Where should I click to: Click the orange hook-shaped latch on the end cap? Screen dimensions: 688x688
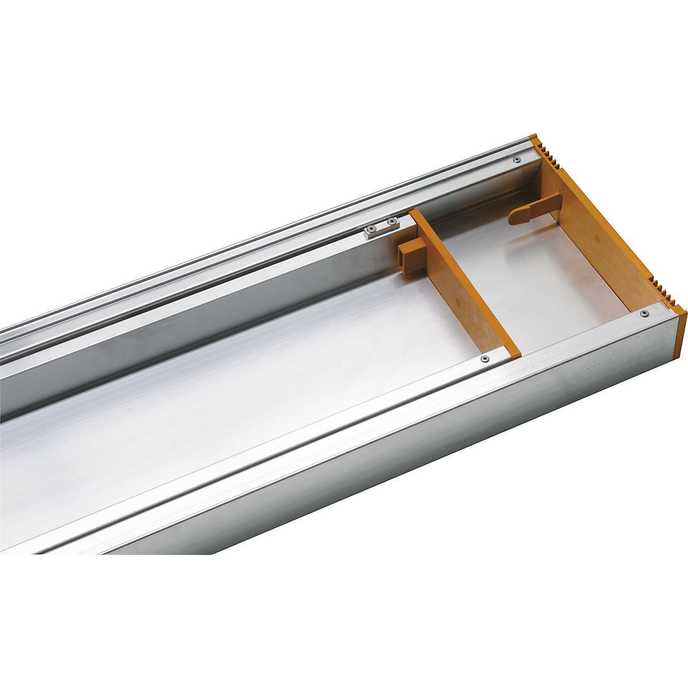pos(533,209)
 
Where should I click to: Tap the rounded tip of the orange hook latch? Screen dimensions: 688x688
pos(513,217)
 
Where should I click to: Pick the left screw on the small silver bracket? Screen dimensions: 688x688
pos(372,232)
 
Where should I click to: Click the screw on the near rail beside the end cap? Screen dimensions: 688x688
pos(644,313)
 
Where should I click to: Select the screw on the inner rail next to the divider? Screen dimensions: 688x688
pos(485,359)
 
